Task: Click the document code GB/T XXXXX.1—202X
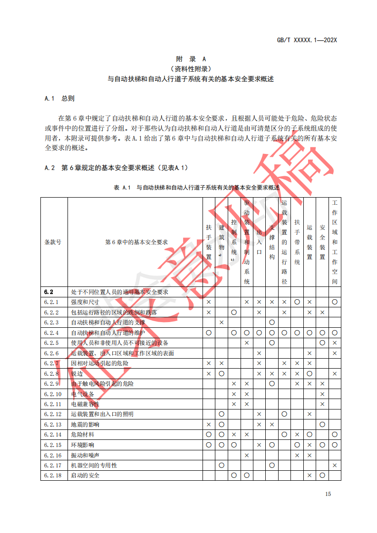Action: (x=307, y=40)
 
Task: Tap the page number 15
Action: (x=328, y=494)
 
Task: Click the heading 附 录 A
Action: (x=190, y=59)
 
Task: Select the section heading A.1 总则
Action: (x=59, y=99)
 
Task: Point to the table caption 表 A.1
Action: (x=122, y=188)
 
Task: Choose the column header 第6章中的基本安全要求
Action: (x=136, y=242)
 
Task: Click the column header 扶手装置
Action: (x=209, y=242)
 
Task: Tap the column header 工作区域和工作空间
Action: (x=335, y=242)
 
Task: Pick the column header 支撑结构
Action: (x=272, y=242)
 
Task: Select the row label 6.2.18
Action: (x=53, y=475)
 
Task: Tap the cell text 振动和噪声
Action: (x=83, y=455)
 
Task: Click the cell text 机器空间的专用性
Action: (x=94, y=466)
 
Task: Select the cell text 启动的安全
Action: (x=86, y=475)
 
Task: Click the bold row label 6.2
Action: (x=48, y=292)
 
